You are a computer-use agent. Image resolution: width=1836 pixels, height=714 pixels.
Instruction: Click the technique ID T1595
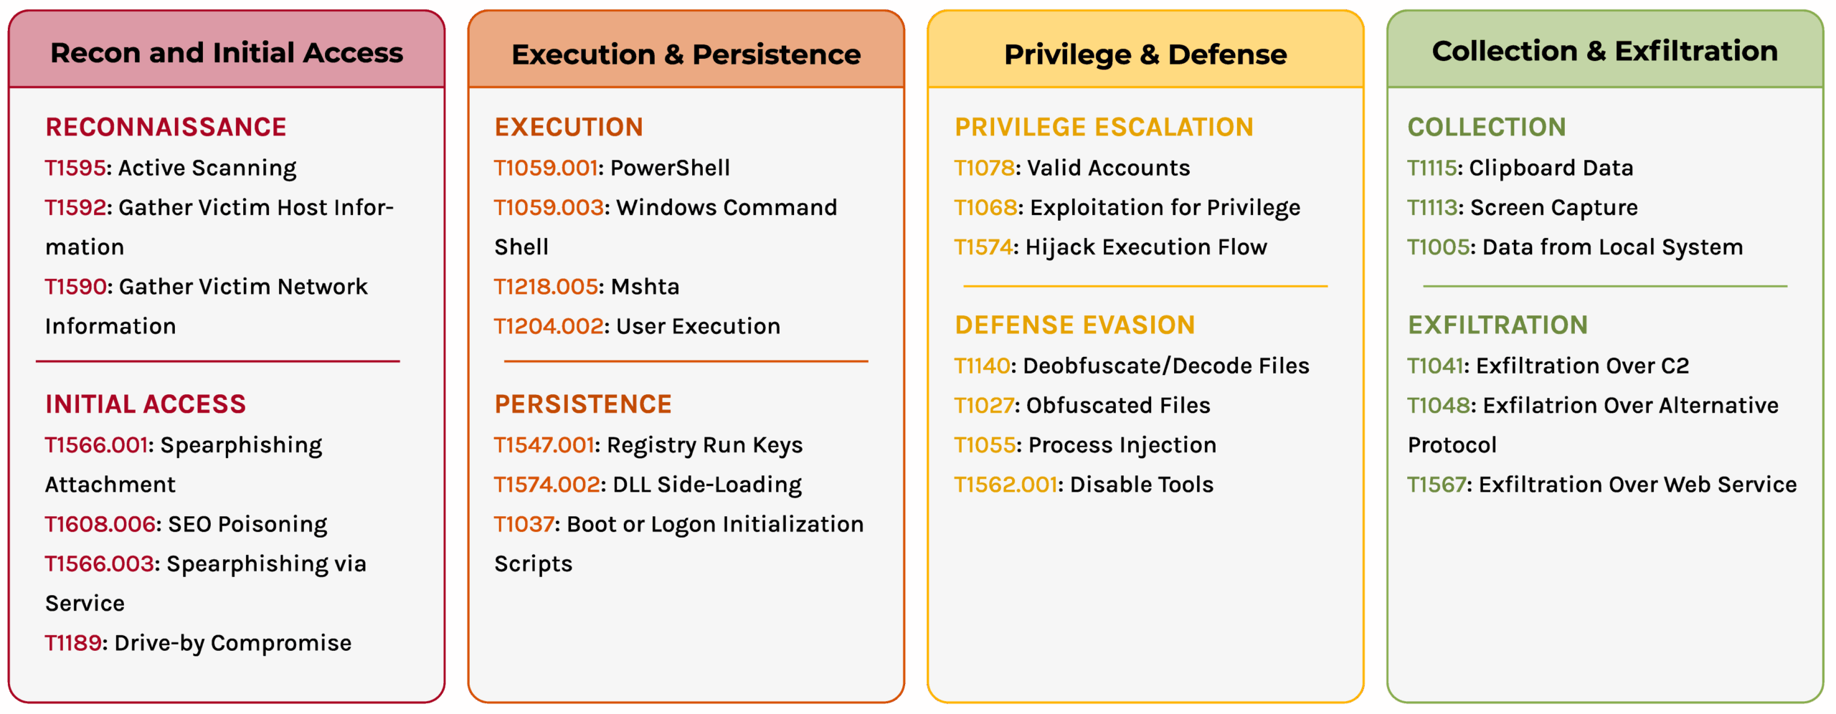click(75, 168)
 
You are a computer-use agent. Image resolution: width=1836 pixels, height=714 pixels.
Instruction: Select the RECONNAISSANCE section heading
click(166, 127)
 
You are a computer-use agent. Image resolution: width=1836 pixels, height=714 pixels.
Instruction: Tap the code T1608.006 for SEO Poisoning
click(100, 524)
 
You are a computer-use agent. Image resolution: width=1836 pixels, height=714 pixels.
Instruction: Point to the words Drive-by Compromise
click(233, 644)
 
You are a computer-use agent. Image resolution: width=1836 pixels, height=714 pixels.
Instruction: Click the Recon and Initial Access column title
click(227, 52)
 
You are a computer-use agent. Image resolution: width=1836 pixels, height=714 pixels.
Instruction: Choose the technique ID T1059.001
click(546, 168)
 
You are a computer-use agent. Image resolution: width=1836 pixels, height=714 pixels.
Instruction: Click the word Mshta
click(645, 287)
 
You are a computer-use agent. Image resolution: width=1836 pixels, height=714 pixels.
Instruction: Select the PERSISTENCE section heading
click(583, 404)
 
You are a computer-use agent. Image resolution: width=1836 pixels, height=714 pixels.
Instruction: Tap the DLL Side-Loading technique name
click(707, 485)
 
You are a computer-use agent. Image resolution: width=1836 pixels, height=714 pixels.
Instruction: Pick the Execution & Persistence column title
click(686, 54)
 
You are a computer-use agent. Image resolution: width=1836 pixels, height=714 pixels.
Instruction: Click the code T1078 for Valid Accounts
click(984, 168)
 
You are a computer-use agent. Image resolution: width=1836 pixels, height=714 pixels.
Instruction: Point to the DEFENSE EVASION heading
click(1074, 325)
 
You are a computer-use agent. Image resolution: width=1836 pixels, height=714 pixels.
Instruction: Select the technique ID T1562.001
click(1005, 485)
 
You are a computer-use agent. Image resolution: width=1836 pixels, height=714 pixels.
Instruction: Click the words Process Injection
click(1122, 446)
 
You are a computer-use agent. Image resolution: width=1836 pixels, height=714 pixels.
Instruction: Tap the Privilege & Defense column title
click(1145, 54)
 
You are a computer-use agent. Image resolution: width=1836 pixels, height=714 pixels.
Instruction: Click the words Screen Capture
click(1554, 208)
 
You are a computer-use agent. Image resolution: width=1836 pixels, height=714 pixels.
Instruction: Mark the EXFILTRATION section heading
click(1497, 325)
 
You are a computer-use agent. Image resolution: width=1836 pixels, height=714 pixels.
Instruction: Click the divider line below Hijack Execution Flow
click(1145, 286)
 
